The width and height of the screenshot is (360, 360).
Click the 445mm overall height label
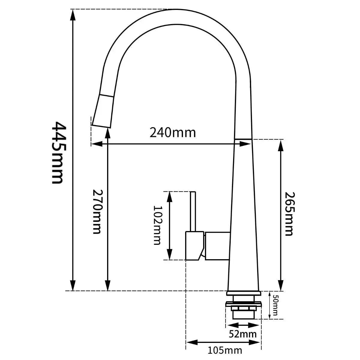(59, 153)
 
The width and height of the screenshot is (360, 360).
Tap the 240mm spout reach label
(172, 133)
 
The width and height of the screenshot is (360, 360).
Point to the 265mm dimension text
(289, 214)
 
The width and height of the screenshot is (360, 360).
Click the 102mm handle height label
(157, 225)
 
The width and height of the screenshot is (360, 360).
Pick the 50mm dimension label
(275, 307)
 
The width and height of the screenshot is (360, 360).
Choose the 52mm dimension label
(243, 334)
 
